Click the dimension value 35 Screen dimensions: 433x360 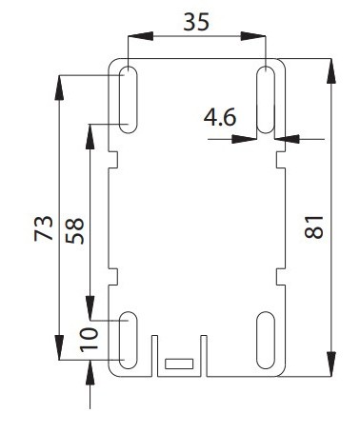coord(197,22)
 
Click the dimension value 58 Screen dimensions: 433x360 coord(75,230)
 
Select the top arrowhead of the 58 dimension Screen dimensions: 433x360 coord(90,131)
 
